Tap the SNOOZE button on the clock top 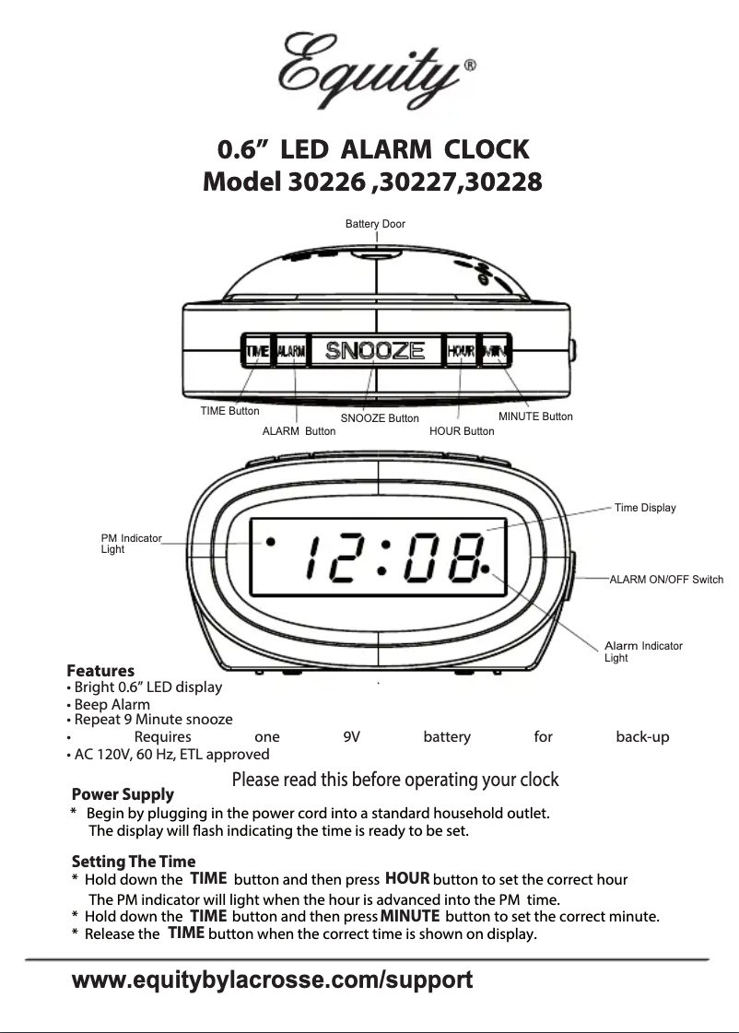coord(375,351)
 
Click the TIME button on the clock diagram coord(257,351)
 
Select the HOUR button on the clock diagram coord(460,351)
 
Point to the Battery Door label coord(375,224)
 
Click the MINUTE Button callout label coord(535,417)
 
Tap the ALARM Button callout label coord(299,430)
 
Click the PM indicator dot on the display coord(270,542)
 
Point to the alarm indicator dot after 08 coord(485,569)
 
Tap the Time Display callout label coord(645,508)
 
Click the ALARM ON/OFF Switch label coord(666,580)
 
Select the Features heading coord(100,671)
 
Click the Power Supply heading coord(123,794)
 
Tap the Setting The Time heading coord(134,862)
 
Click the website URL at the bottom coord(273,980)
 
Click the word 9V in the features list coord(351,737)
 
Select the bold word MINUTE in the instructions coord(409,916)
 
